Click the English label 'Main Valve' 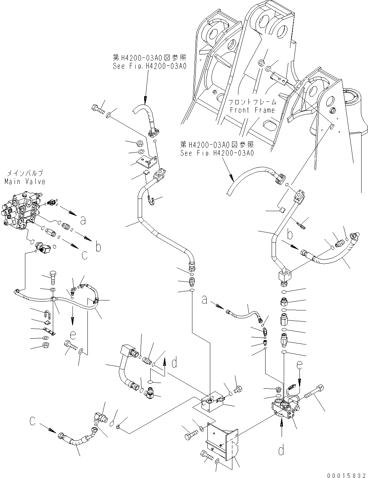[x=25, y=182]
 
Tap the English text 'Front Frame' [x=252, y=110]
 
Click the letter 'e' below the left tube [x=73, y=335]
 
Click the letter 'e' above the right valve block [x=299, y=365]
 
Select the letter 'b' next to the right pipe [x=290, y=235]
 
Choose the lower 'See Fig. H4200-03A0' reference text [x=217, y=153]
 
